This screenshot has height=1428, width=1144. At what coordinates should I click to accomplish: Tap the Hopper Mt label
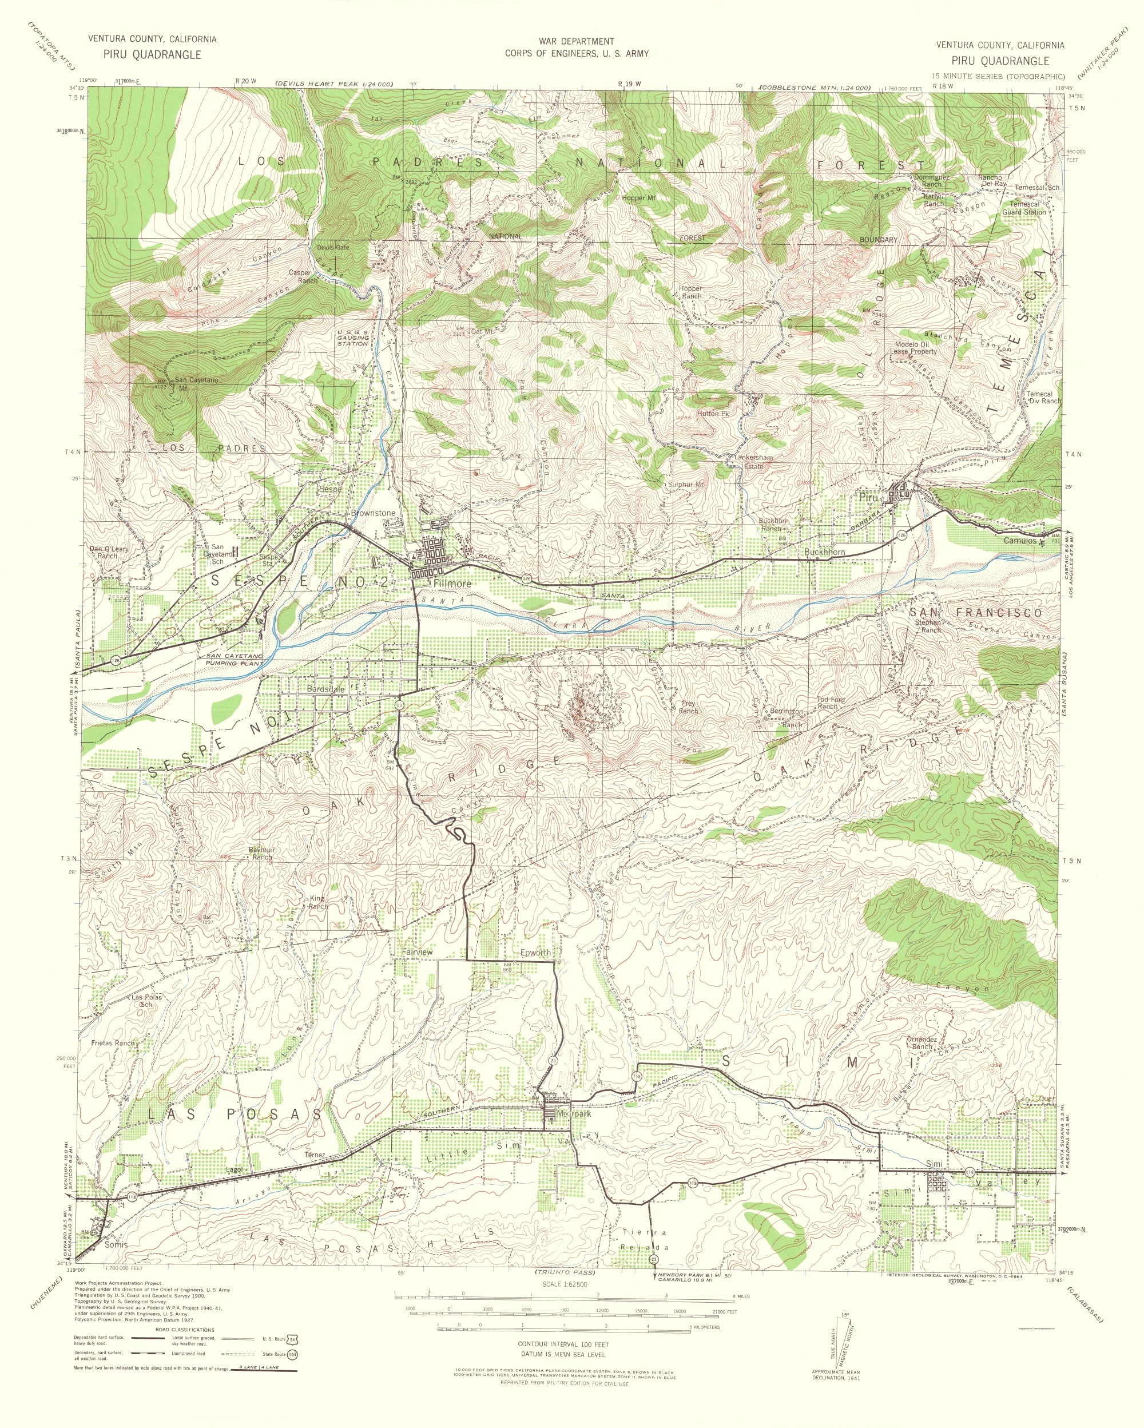click(x=639, y=198)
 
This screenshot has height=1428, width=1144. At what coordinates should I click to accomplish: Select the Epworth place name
click(x=535, y=953)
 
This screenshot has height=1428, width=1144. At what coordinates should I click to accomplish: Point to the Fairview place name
click(x=417, y=952)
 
